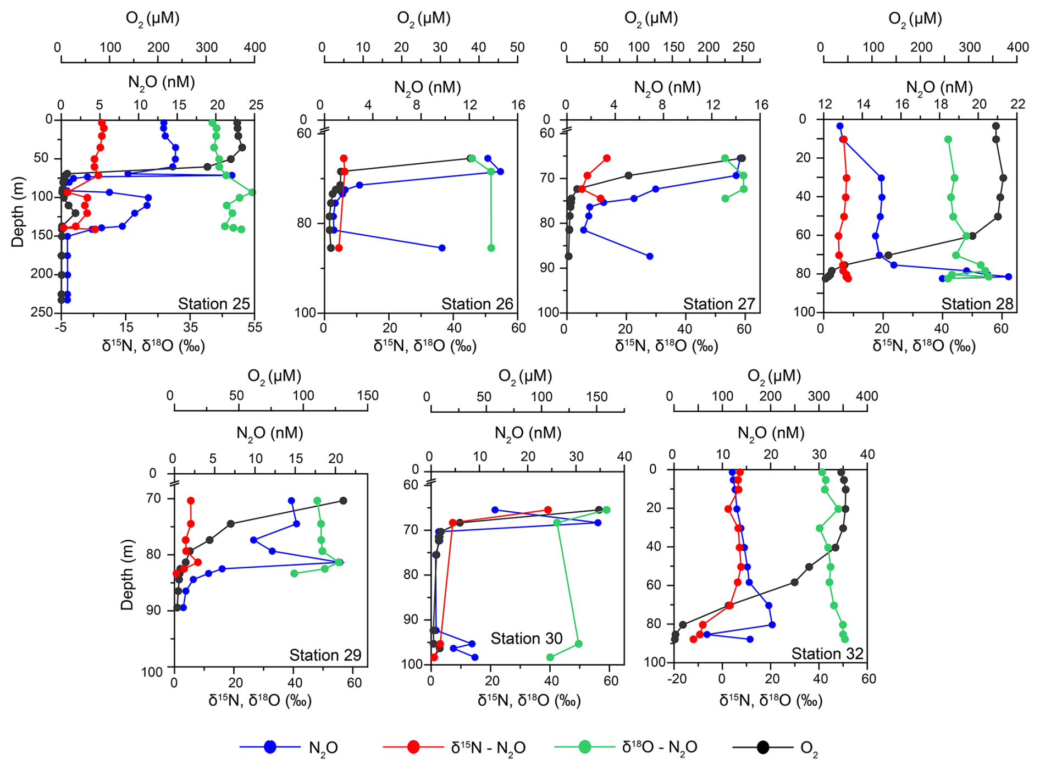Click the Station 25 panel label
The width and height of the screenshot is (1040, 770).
(214, 303)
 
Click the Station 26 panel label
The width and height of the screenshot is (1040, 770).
(477, 303)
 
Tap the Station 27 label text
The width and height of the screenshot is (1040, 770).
(719, 303)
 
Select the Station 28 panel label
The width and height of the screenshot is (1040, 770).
(977, 303)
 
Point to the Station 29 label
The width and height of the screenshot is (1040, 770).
(325, 655)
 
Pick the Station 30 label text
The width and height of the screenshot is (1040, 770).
(527, 638)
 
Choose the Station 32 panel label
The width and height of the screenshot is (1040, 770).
(827, 653)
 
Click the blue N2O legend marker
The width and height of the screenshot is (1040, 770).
(270, 747)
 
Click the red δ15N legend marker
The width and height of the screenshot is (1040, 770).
(413, 747)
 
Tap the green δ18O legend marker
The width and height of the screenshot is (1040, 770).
(585, 747)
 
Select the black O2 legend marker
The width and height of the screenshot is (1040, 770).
(763, 747)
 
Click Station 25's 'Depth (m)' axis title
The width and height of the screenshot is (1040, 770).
(18, 212)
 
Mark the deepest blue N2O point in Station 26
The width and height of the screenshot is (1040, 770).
(442, 248)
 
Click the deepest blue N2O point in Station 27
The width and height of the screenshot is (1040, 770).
(650, 256)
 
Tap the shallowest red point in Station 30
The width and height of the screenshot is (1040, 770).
(547, 510)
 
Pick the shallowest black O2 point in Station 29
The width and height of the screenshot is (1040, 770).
(343, 501)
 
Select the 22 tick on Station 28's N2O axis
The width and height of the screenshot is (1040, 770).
(1018, 105)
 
